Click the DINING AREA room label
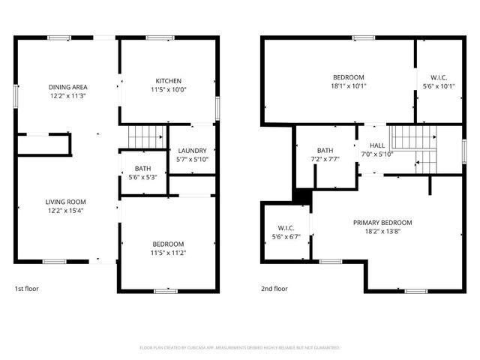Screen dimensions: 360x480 click(x=67, y=87)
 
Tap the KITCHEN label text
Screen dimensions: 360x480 click(x=168, y=81)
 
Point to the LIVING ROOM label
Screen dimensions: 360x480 click(x=67, y=202)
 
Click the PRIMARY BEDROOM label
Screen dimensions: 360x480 click(x=383, y=223)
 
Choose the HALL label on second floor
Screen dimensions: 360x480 click(x=376, y=145)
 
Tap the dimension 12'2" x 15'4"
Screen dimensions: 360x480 click(x=67, y=211)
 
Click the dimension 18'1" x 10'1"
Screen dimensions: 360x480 click(x=349, y=85)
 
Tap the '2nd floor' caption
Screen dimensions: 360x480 click(x=274, y=289)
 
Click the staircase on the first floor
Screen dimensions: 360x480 click(x=146, y=137)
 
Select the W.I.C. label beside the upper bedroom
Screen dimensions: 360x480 click(x=439, y=77)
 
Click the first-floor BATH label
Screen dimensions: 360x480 click(x=142, y=169)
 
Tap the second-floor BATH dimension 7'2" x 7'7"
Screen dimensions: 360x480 click(x=325, y=159)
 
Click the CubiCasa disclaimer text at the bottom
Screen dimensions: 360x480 click(x=240, y=348)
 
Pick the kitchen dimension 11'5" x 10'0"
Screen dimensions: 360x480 click(x=168, y=89)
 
